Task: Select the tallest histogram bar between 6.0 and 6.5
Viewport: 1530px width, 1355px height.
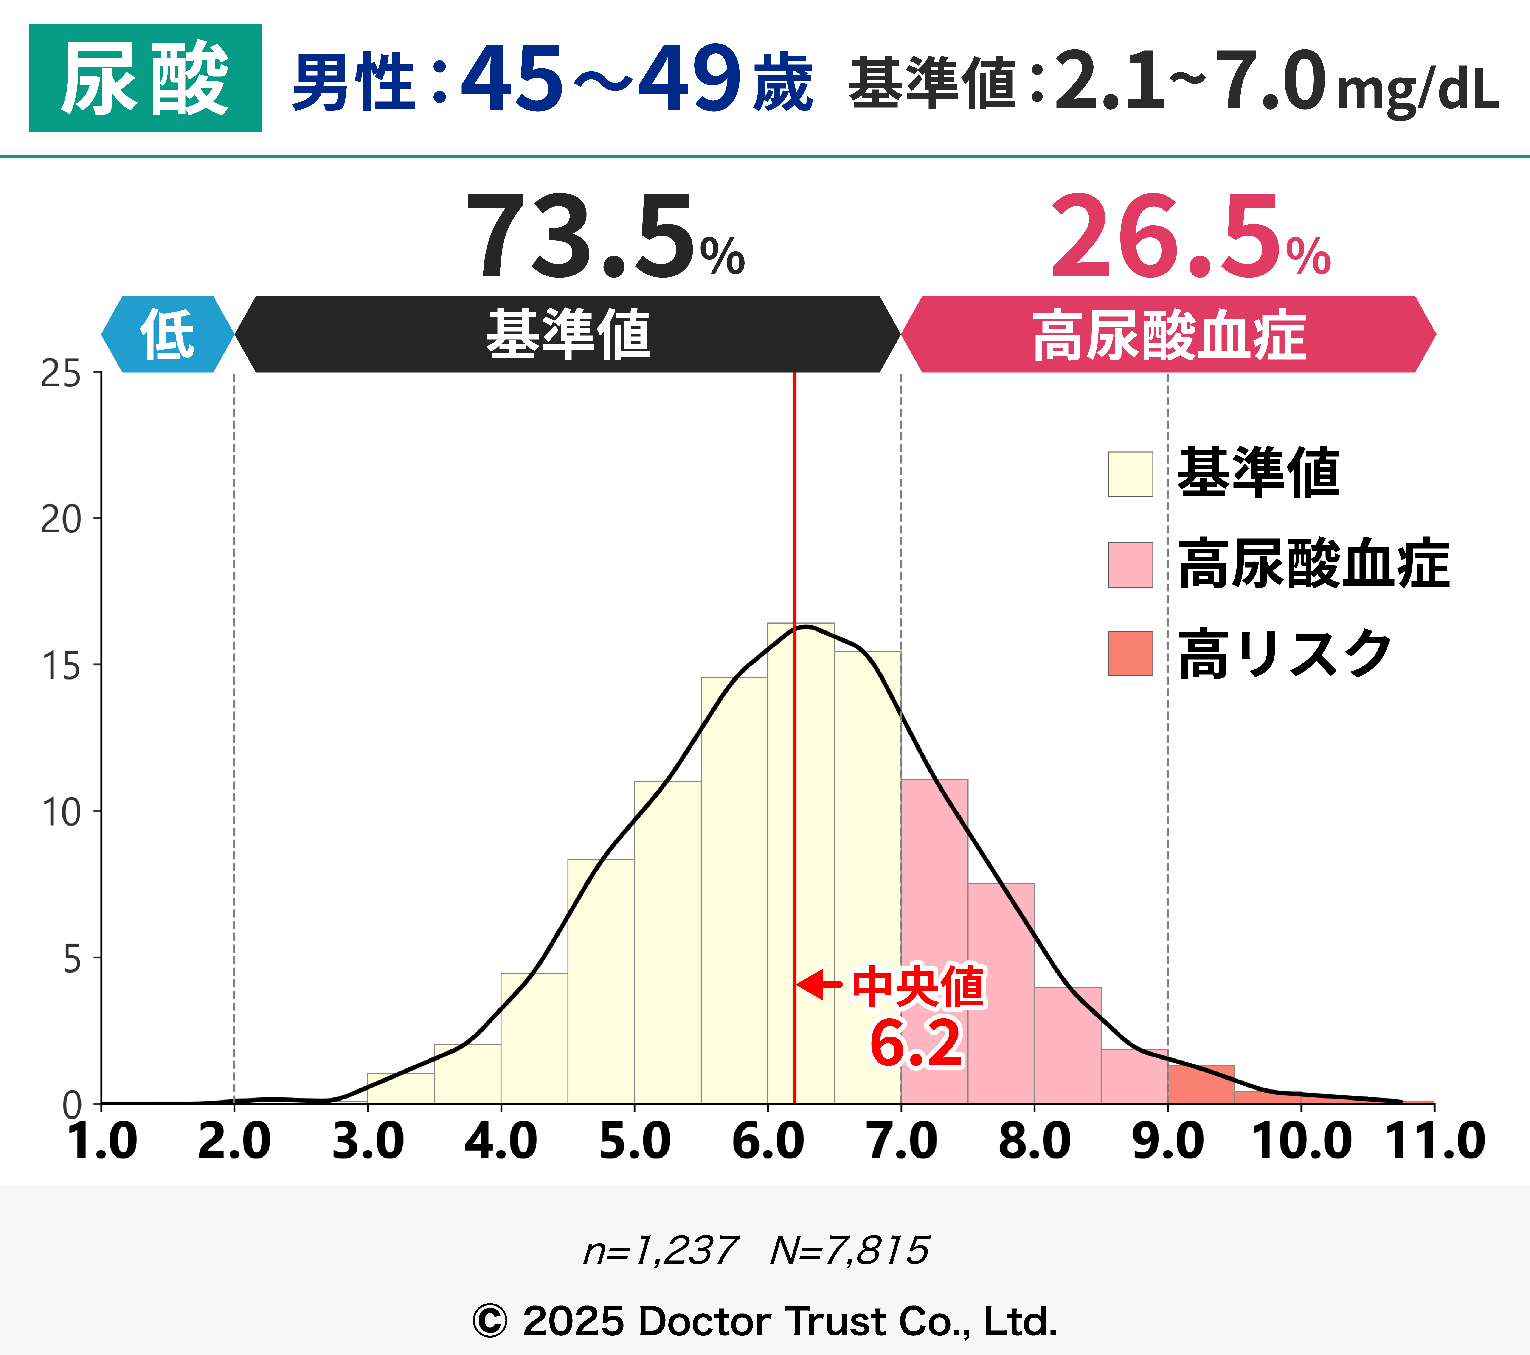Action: pos(801,861)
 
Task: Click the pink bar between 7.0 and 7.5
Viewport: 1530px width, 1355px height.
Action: pos(934,943)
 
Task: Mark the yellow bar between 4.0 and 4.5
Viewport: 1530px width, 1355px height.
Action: pos(534,1040)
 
